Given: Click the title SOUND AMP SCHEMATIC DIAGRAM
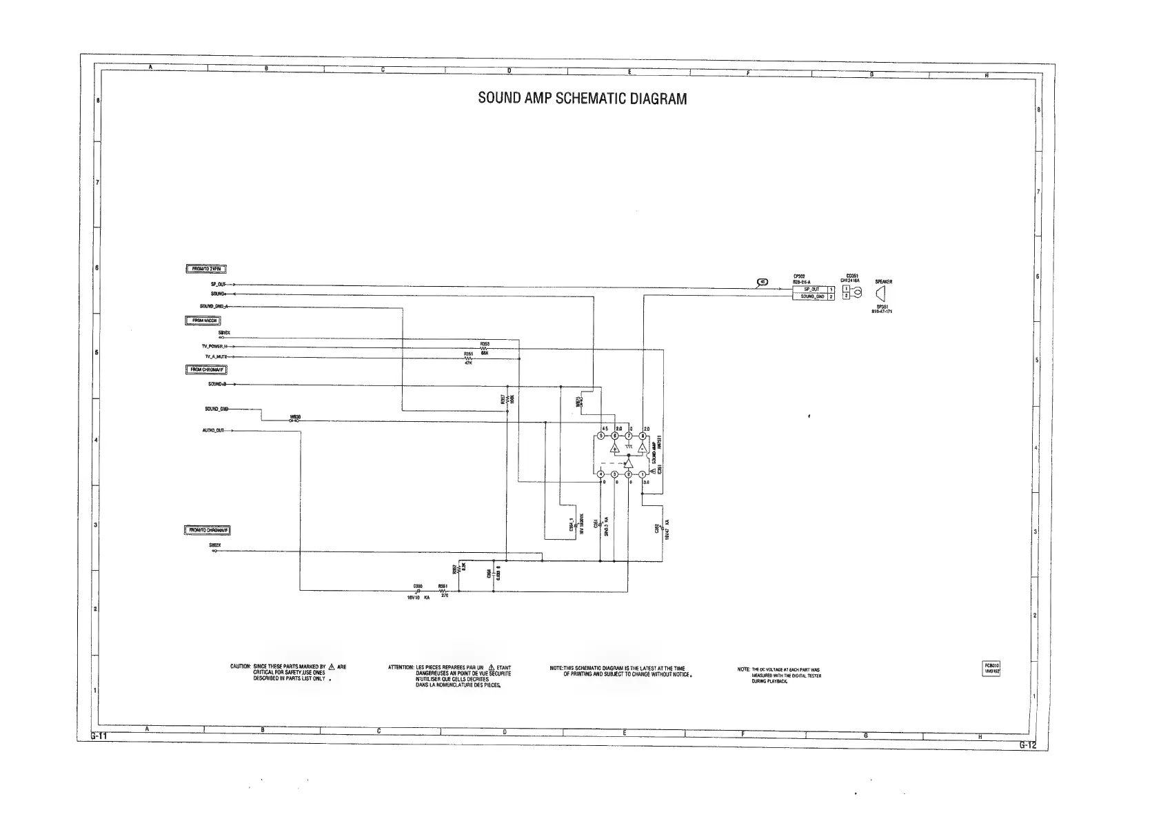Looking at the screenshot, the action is point(583,99).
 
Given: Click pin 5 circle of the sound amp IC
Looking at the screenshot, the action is point(600,436).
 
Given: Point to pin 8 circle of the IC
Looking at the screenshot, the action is point(643,436).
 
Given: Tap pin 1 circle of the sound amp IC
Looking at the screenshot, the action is point(643,474).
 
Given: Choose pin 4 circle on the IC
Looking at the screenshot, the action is point(600,474).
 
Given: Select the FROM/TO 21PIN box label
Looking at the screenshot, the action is point(205,270).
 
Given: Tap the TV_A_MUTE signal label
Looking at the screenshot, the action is point(216,356).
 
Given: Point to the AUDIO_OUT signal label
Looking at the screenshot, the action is point(213,431).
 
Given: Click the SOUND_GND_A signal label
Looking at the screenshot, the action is point(214,306).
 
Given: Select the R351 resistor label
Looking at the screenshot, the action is point(443,586).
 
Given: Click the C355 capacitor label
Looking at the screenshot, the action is point(418,586).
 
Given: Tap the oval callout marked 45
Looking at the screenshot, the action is point(763,281).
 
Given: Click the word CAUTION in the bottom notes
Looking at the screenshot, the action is point(240,667).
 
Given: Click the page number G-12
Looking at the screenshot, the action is point(1027,744).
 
